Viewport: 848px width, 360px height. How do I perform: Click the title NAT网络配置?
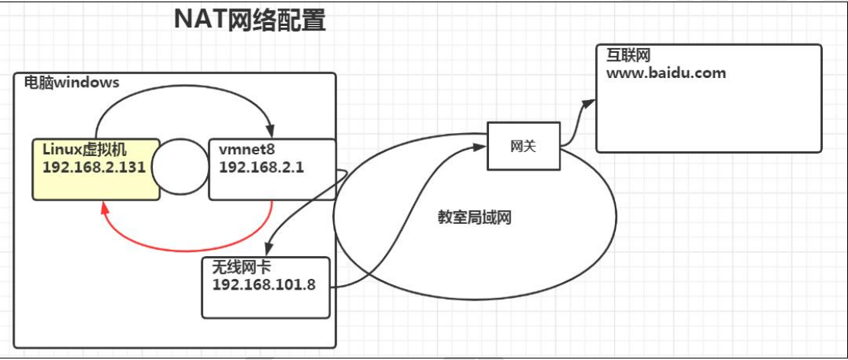250,21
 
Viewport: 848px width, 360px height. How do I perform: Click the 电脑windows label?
67,82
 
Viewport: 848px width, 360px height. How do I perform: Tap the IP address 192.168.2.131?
94,168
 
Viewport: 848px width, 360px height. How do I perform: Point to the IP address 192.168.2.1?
261,168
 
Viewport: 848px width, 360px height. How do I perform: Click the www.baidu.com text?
665,73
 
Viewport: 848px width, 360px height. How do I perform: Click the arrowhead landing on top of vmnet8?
270,131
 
